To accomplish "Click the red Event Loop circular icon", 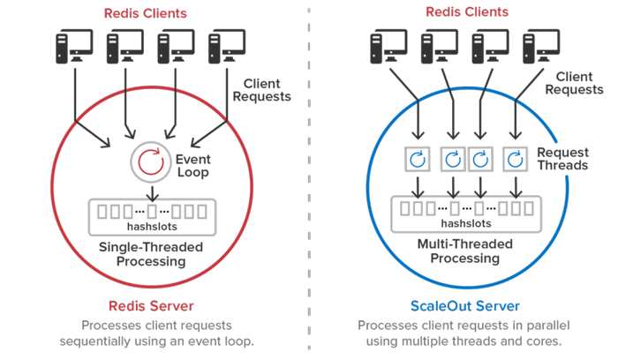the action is (151, 161).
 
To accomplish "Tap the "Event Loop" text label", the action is (192, 166).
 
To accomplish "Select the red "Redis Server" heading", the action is (151, 306).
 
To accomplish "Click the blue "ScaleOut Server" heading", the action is (465, 306).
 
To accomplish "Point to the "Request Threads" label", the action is (563, 159).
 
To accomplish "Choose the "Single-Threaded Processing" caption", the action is (151, 254).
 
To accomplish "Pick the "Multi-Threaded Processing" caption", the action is (465, 251).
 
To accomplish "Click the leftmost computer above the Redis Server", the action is (74, 46).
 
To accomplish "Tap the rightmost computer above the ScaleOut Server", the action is (541, 46).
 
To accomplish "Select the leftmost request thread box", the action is (418, 159).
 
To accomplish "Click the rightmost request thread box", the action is (515, 159).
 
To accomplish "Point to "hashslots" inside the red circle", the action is (152, 227).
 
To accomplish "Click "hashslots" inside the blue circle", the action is (466, 223).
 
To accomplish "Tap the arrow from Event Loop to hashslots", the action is (152, 192).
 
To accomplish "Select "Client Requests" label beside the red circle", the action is (261, 90).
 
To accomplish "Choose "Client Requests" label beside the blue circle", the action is (574, 83).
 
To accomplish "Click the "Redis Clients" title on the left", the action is (146, 13).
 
